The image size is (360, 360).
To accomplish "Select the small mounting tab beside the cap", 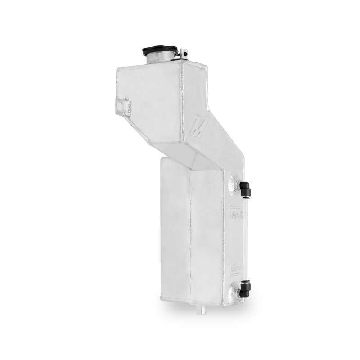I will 183,54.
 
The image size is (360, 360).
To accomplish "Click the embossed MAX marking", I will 237,215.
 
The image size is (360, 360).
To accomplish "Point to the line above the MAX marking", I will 237,207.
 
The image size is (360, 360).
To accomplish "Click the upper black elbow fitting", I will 245,189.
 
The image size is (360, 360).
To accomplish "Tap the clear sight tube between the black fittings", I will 246,238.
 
